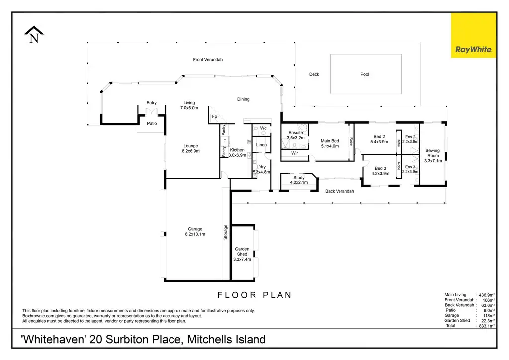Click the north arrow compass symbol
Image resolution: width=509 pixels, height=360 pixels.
point(34,34)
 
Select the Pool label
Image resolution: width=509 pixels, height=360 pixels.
point(365,74)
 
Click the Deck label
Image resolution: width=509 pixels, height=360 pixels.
point(314,74)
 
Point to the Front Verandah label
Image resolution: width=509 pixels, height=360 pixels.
point(208,59)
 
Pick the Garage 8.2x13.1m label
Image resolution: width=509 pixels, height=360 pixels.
point(195,231)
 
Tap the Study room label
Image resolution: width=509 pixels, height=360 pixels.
point(299,180)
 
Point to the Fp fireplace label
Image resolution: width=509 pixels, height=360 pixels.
point(214,116)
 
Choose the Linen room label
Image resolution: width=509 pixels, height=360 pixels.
point(261,145)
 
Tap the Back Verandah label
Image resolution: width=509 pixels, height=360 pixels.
point(339,191)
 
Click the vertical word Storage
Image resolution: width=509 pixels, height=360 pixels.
point(225,232)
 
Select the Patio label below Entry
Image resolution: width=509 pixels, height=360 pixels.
point(152,123)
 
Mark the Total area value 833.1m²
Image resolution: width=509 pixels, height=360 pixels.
point(487,326)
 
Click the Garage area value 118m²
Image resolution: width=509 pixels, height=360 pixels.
point(488,316)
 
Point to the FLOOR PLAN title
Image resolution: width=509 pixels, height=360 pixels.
point(254,295)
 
